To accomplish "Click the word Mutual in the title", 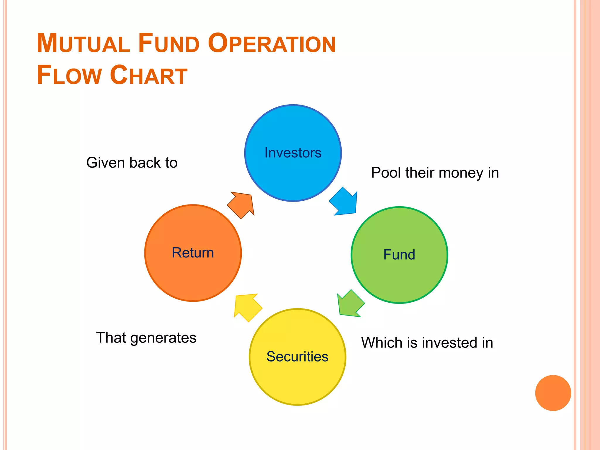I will [83, 43].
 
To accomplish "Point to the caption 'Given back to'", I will [132, 163].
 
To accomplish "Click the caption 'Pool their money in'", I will [435, 173].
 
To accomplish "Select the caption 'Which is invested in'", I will [427, 342].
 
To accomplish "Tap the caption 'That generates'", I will [146, 337].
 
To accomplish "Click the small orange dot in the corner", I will [553, 393].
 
